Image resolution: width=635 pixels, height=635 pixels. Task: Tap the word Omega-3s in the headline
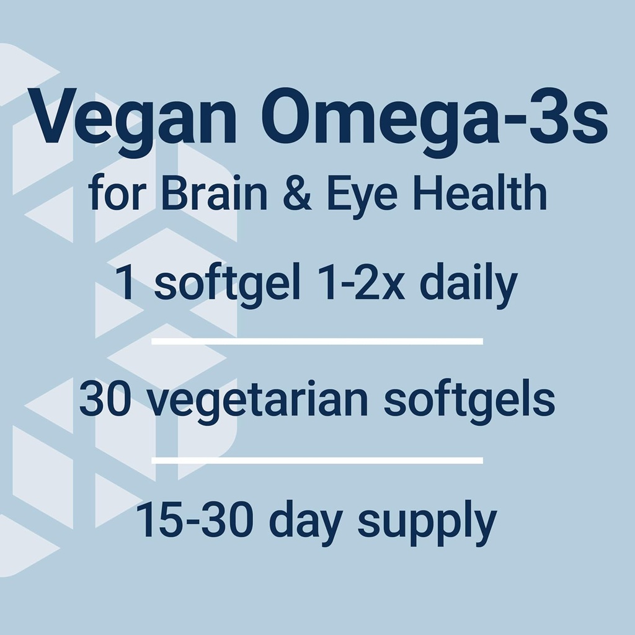[x=434, y=119]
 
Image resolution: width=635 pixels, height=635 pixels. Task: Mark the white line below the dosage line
[x=317, y=341]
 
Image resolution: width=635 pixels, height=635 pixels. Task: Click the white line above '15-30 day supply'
[x=317, y=460]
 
